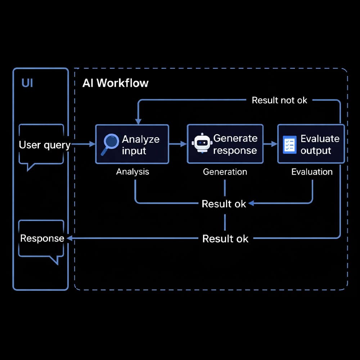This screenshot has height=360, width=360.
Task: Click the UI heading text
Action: (27, 83)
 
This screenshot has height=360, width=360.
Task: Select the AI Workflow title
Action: (115, 83)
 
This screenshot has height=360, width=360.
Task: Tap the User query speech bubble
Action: (41, 145)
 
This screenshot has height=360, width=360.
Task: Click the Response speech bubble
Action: (41, 239)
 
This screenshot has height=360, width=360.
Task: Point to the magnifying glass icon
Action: (110, 144)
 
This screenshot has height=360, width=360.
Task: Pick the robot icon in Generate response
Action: (201, 144)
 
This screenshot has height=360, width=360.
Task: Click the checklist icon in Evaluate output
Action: (289, 145)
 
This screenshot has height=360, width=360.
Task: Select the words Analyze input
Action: (140, 145)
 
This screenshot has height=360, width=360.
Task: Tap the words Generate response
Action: (235, 144)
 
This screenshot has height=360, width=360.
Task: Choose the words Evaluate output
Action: (319, 144)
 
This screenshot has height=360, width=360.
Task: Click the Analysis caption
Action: (132, 172)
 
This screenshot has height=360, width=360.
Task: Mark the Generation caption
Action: (225, 172)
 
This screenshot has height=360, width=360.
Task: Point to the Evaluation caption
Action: (312, 172)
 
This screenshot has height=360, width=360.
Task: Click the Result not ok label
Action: (279, 100)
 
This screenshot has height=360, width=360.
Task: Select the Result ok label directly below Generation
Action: (224, 204)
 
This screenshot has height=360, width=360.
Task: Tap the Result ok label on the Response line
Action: (225, 238)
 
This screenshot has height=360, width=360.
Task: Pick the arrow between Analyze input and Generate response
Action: (178, 144)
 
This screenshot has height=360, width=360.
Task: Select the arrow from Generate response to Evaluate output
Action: (270, 144)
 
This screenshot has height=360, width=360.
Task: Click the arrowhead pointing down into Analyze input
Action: (138, 121)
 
